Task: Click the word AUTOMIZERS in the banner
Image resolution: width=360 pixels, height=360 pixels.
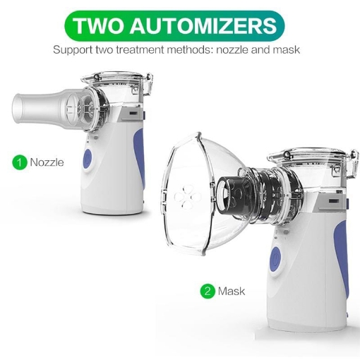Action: (x=203, y=26)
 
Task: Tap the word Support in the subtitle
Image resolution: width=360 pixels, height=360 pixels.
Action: (x=73, y=51)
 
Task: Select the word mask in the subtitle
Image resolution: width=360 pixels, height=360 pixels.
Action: (x=286, y=51)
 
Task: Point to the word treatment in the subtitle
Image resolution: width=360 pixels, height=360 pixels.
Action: (x=144, y=51)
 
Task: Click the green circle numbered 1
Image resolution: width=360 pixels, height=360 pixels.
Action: (x=20, y=162)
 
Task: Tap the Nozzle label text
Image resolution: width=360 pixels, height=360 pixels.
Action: (x=47, y=162)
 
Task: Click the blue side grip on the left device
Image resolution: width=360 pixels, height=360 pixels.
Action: (x=136, y=152)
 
